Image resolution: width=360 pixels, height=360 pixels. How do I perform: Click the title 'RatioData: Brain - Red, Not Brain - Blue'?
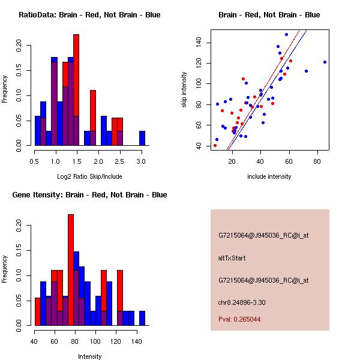pyautogui.click(x=89, y=15)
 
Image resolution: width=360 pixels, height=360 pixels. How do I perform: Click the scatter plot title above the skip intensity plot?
pyautogui.click(x=269, y=15)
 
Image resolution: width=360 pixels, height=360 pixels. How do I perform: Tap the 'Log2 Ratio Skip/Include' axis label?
pyautogui.click(x=89, y=176)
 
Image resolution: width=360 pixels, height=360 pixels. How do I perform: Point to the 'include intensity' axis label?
pyautogui.click(x=269, y=176)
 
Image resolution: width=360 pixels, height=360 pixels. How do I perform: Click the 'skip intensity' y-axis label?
pyautogui.click(x=185, y=90)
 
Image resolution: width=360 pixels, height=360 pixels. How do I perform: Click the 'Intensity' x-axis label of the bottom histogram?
pyautogui.click(x=89, y=356)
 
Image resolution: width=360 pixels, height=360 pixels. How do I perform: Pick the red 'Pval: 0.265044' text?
pyautogui.click(x=239, y=319)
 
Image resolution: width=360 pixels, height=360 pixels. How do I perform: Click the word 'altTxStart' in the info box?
pyautogui.click(x=232, y=258)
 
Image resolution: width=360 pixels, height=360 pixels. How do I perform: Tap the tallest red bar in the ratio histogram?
pyautogui.click(x=76, y=90)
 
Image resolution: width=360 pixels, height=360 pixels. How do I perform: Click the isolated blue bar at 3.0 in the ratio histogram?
pyautogui.click(x=142, y=138)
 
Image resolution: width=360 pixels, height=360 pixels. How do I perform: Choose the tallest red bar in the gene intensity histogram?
pyautogui.click(x=71, y=270)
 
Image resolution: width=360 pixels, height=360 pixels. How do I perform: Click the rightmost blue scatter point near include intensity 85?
pyautogui.click(x=325, y=62)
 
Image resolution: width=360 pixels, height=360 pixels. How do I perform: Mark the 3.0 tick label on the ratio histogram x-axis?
pyautogui.click(x=142, y=162)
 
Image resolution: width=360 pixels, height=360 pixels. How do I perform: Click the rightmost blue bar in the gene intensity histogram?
pyautogui.click(x=142, y=318)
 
